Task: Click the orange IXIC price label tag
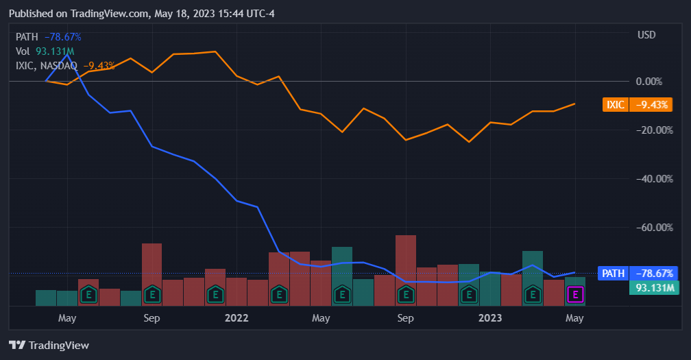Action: [637, 104]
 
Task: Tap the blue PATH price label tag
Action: [637, 273]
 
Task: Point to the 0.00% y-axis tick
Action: [648, 81]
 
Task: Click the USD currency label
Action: [646, 35]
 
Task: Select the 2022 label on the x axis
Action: [237, 318]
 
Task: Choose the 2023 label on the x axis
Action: [490, 318]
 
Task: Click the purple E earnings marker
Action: [575, 295]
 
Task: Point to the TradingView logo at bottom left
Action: [49, 345]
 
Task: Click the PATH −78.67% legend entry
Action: [49, 37]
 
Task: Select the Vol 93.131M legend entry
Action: [45, 51]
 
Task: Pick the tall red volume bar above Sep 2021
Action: [151, 264]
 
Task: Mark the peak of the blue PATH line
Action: [67, 54]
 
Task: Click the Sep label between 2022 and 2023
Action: [406, 318]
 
